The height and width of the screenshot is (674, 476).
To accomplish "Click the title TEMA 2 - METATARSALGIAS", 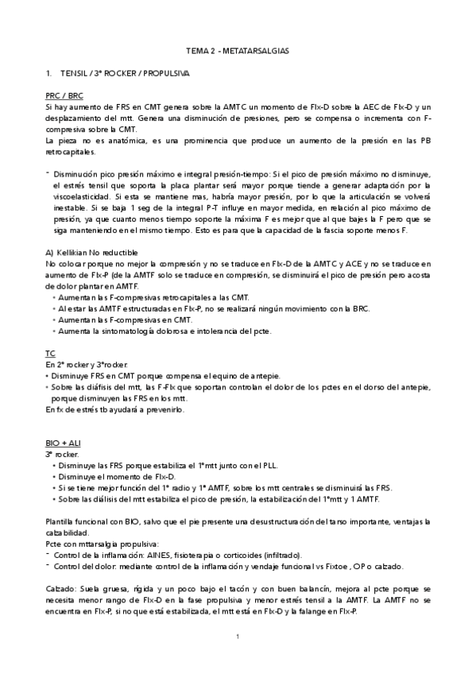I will [x=238, y=50].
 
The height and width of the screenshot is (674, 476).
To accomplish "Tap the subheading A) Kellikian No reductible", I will [x=90, y=253].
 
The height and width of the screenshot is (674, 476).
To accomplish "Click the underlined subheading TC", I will [x=49, y=352].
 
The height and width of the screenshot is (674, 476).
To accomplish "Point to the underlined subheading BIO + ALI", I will [x=62, y=442].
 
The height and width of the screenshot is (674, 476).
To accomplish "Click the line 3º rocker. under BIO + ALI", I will [x=61, y=453].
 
